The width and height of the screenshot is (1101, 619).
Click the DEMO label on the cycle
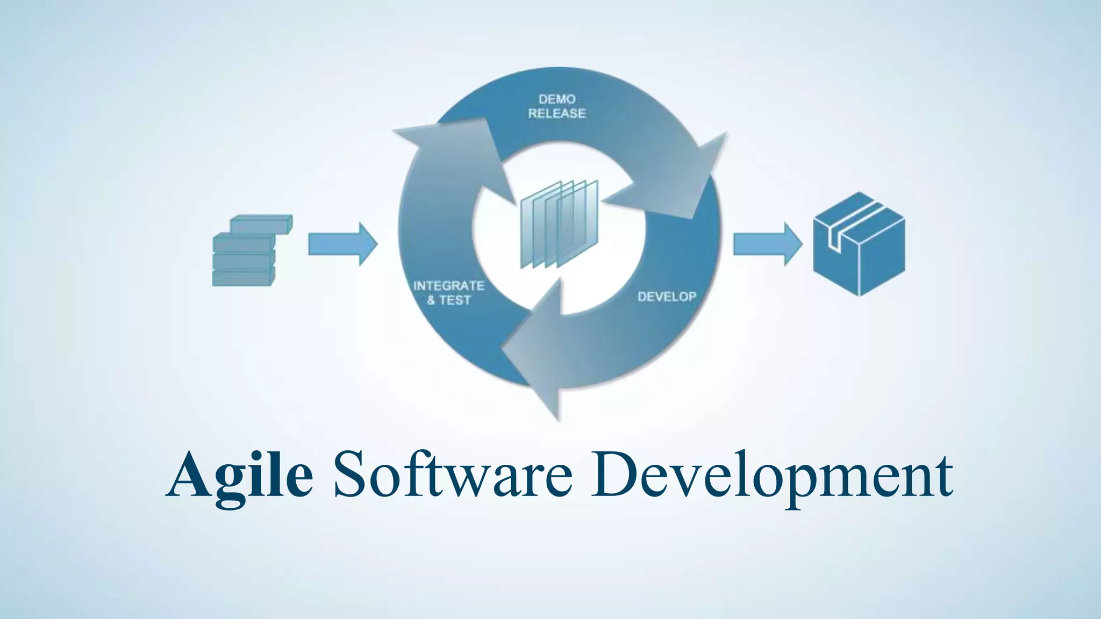[557, 99]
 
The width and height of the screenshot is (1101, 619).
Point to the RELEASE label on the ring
[557, 113]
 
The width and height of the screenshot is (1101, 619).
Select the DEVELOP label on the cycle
[667, 297]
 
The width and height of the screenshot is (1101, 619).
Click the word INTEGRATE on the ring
[448, 286]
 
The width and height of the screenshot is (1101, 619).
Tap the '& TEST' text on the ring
[448, 300]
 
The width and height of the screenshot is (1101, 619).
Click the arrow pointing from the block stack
[342, 244]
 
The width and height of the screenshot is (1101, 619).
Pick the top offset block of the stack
[261, 224]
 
